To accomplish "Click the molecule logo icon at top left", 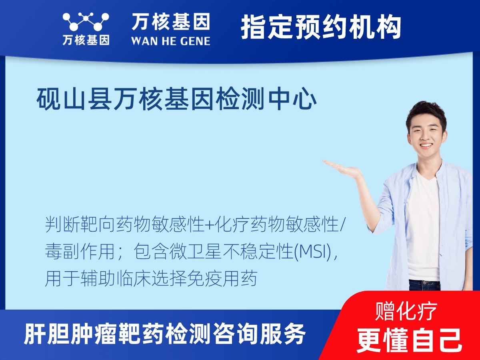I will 86,22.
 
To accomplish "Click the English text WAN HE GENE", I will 170,40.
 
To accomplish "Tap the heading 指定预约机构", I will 321,27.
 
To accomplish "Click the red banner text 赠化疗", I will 406,311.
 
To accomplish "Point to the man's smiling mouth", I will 426,146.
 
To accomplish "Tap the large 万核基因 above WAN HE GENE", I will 170,22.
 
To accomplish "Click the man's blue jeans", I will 424,285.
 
